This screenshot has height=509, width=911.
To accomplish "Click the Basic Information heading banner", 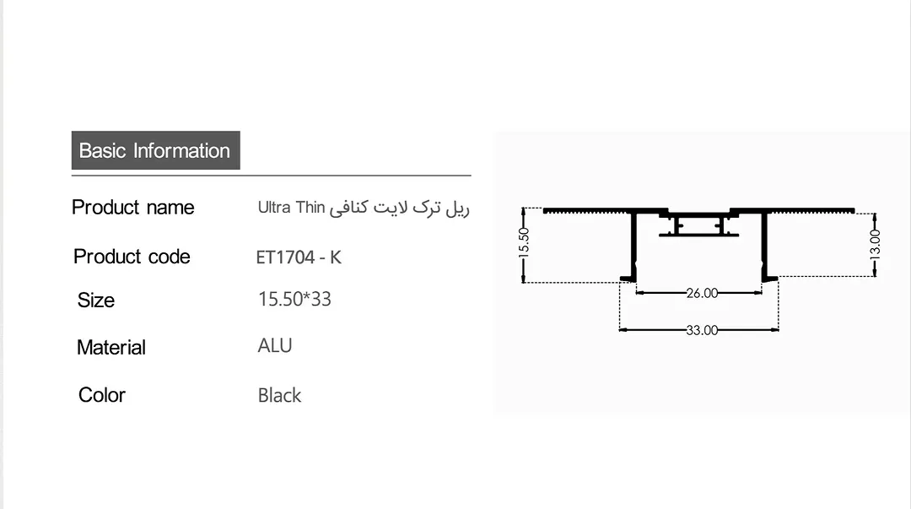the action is (156, 150).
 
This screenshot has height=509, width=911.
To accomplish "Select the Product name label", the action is (133, 207).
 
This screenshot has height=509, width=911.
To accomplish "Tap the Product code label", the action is (132, 257).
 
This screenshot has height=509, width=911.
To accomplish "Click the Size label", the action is (96, 301).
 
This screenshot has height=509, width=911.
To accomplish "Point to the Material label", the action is (111, 347).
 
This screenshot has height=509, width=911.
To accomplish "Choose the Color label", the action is (102, 395).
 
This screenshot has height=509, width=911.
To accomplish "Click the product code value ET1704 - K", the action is (299, 257).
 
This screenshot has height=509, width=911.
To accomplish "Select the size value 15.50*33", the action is (294, 299).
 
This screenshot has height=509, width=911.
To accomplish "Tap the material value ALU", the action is (275, 345).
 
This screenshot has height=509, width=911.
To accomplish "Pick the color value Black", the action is (279, 396).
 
